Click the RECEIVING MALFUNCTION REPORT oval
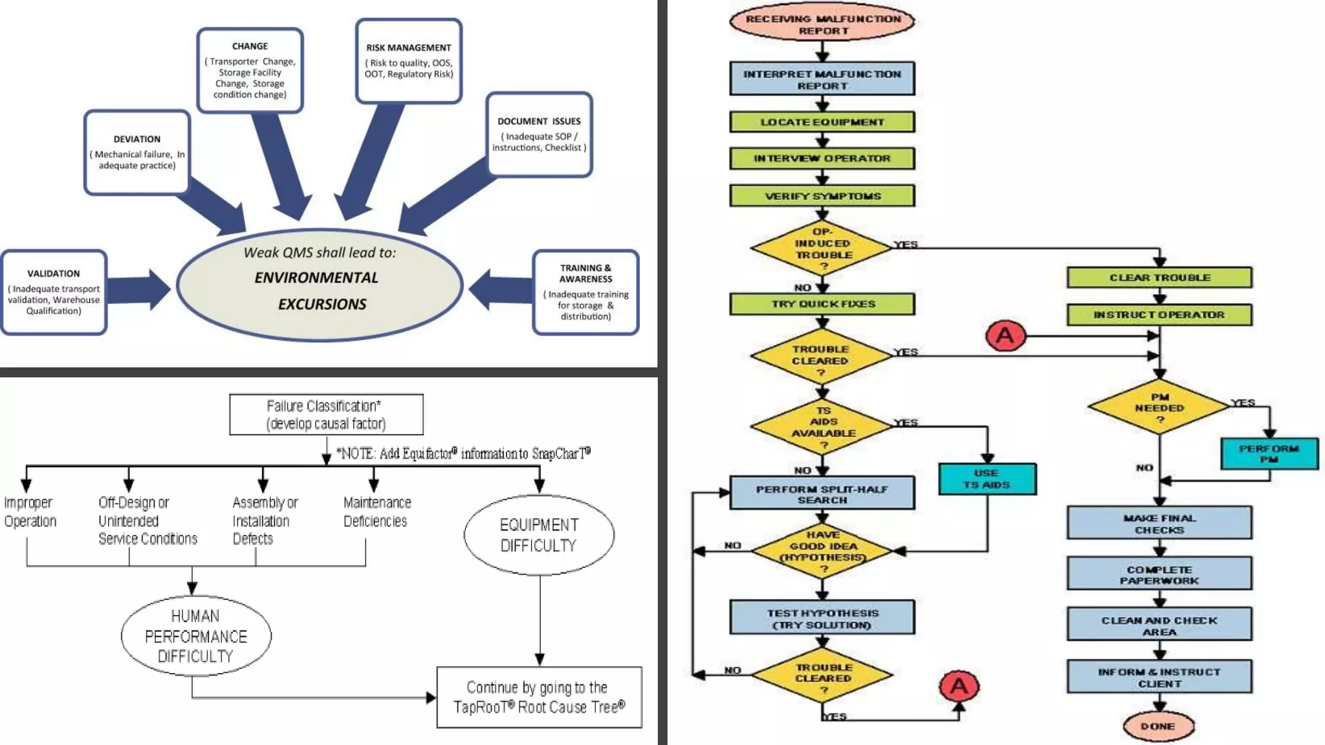(822, 24)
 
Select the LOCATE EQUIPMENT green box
(822, 122)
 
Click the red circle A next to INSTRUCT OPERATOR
(1005, 336)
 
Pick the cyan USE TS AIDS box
(987, 479)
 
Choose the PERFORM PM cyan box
(1269, 453)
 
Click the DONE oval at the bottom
(1158, 726)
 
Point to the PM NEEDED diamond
(1159, 408)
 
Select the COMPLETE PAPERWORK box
(1159, 574)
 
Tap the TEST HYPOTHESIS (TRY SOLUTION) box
(822, 618)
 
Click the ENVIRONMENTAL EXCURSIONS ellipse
(320, 285)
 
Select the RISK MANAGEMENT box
(408, 61)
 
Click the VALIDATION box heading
(54, 274)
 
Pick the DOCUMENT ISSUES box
(539, 135)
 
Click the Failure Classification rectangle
(326, 415)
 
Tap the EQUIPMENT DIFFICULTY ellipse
(539, 535)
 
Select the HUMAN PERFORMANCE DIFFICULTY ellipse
(195, 636)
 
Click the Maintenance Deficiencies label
(377, 512)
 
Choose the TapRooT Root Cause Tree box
(539, 697)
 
